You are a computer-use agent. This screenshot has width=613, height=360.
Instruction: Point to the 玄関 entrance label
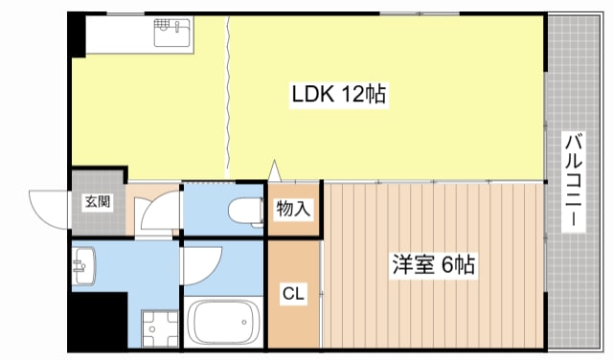click(x=97, y=202)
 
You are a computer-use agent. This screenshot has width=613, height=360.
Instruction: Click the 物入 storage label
click(x=293, y=208)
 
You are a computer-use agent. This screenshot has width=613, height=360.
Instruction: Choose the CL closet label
click(x=292, y=295)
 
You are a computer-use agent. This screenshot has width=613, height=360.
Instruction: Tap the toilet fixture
click(x=246, y=211)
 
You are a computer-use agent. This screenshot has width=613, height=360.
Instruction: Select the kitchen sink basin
click(x=171, y=35)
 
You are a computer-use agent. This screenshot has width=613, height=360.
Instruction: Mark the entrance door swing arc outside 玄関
click(x=48, y=206)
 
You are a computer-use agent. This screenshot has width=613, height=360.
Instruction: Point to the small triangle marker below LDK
click(x=276, y=171)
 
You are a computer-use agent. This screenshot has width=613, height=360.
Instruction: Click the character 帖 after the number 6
click(x=467, y=264)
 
